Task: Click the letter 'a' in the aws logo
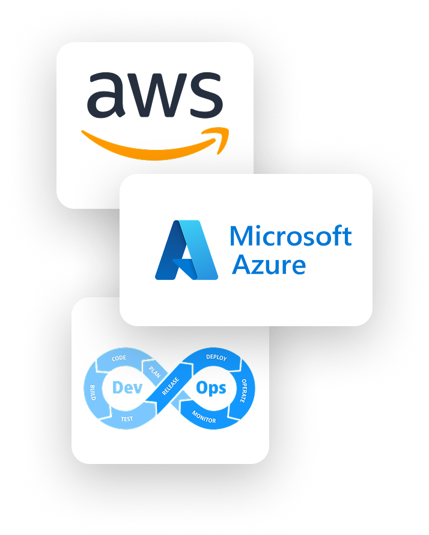(107, 96)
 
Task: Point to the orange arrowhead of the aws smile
(221, 134)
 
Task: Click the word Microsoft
(290, 237)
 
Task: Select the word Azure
(269, 265)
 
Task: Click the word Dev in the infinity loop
(128, 388)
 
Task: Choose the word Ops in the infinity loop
(211, 388)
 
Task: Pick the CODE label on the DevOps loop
(119, 359)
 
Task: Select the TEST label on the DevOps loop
(127, 418)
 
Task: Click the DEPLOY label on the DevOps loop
(216, 357)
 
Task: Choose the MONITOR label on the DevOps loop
(204, 417)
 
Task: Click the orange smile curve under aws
(150, 147)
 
